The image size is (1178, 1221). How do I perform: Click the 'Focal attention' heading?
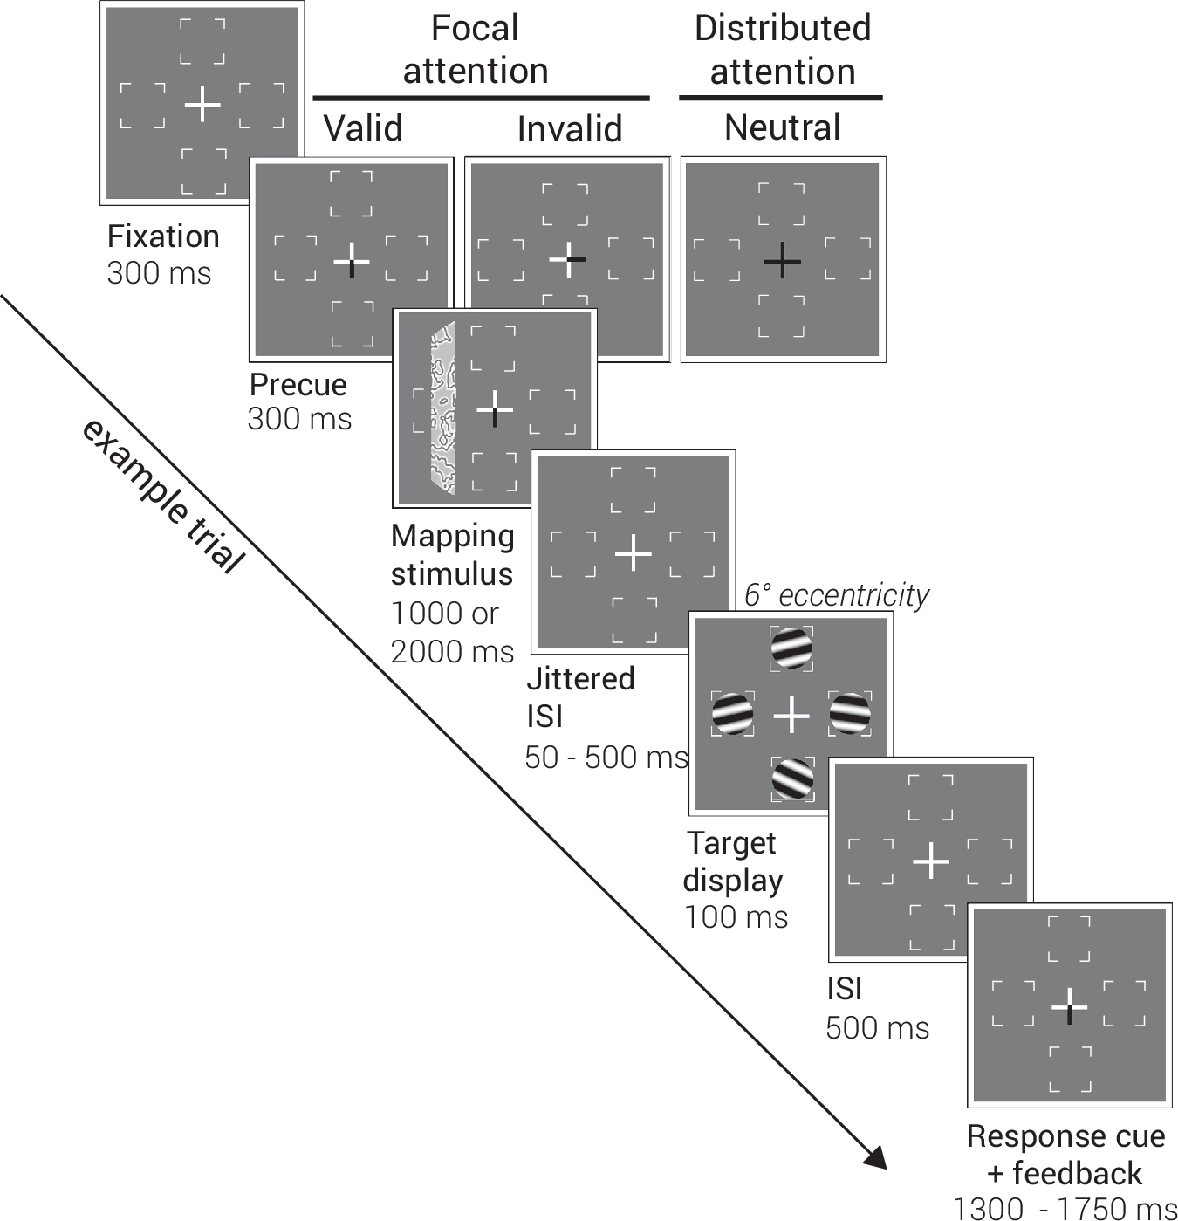click(x=476, y=49)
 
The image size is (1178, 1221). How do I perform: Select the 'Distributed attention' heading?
click(x=782, y=49)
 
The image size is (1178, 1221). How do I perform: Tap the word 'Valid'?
click(x=363, y=128)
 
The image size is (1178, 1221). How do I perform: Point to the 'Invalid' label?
click(x=569, y=129)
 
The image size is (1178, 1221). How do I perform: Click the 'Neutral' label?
click(x=782, y=127)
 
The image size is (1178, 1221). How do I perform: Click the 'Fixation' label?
click(x=162, y=237)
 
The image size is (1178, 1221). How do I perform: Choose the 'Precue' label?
click(x=298, y=385)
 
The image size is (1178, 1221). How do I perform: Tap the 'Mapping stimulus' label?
click(x=452, y=554)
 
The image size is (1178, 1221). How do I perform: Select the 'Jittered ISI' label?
click(x=579, y=696)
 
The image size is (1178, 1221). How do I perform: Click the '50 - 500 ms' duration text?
click(x=606, y=757)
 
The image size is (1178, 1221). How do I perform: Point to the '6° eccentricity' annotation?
click(x=836, y=595)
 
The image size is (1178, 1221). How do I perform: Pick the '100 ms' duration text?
click(x=736, y=917)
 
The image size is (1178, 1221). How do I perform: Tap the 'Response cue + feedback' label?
click(x=1065, y=1155)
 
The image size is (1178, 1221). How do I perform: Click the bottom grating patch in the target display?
click(x=792, y=779)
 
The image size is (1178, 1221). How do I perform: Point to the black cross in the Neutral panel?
click(x=782, y=260)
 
